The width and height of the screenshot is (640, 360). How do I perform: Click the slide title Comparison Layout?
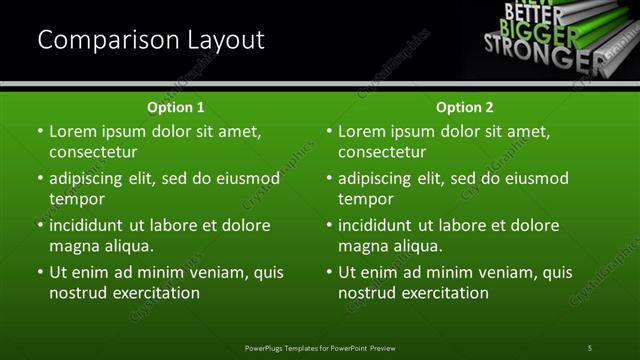(151, 40)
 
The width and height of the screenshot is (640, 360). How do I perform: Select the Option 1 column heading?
(176, 107)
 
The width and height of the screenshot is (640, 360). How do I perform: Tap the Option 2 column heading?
(465, 107)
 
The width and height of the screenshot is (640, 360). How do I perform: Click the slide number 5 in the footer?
(589, 347)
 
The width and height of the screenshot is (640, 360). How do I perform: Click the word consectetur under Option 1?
(93, 152)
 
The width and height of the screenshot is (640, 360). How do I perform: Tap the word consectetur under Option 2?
(382, 152)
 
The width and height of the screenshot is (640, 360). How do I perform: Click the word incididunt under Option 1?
(88, 225)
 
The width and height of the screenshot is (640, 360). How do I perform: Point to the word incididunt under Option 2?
(377, 225)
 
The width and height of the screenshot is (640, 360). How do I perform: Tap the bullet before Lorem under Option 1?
(40, 131)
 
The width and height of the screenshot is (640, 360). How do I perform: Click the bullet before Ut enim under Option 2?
(329, 272)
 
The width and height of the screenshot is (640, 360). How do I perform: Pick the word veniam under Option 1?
(211, 272)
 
